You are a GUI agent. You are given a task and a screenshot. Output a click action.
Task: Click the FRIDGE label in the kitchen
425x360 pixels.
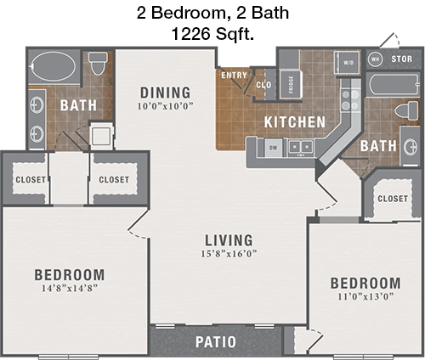point(292,84)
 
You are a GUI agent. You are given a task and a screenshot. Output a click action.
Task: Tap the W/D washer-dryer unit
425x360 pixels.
point(347,63)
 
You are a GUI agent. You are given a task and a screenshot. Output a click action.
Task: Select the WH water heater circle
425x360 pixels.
point(375,59)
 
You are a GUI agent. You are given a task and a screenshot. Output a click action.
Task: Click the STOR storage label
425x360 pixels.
point(401,59)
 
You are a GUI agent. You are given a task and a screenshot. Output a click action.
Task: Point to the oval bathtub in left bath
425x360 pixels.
point(54,67)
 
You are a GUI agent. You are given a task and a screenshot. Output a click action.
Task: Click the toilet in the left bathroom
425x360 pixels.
point(98,64)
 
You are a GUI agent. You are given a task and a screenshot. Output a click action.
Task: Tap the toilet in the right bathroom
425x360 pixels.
point(406,110)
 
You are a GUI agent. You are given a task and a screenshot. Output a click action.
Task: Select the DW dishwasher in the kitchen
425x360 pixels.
point(274,148)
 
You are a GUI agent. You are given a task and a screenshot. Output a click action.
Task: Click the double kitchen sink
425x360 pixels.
point(301,148)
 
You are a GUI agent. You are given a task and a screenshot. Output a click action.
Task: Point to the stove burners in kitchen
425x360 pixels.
point(350,99)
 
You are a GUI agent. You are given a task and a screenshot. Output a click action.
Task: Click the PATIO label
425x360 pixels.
point(216,342)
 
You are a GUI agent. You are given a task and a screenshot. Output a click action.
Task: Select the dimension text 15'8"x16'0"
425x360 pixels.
point(229,254)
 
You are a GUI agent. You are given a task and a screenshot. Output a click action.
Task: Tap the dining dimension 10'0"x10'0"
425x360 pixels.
point(166,106)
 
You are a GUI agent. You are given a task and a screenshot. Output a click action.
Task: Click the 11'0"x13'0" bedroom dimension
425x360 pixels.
point(365,296)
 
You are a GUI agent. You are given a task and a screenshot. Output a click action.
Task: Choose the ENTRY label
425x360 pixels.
point(234,76)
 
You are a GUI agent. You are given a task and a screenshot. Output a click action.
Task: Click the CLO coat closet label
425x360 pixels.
point(263,85)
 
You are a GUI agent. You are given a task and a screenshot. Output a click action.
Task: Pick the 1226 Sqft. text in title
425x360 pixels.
point(212,34)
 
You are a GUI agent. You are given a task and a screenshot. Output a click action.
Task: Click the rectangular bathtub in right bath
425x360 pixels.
point(393,85)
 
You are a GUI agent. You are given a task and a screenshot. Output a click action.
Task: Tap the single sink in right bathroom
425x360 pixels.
point(410,147)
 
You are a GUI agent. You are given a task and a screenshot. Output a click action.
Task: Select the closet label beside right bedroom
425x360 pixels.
point(393,199)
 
